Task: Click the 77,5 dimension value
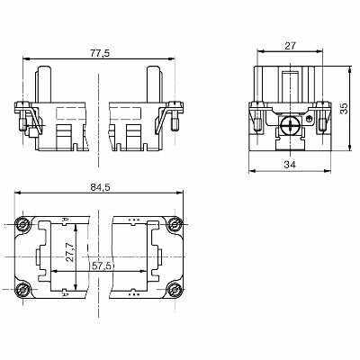point(100,53)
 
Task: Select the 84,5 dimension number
point(100,189)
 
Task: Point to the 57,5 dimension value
point(101,267)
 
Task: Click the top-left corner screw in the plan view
point(22,222)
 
